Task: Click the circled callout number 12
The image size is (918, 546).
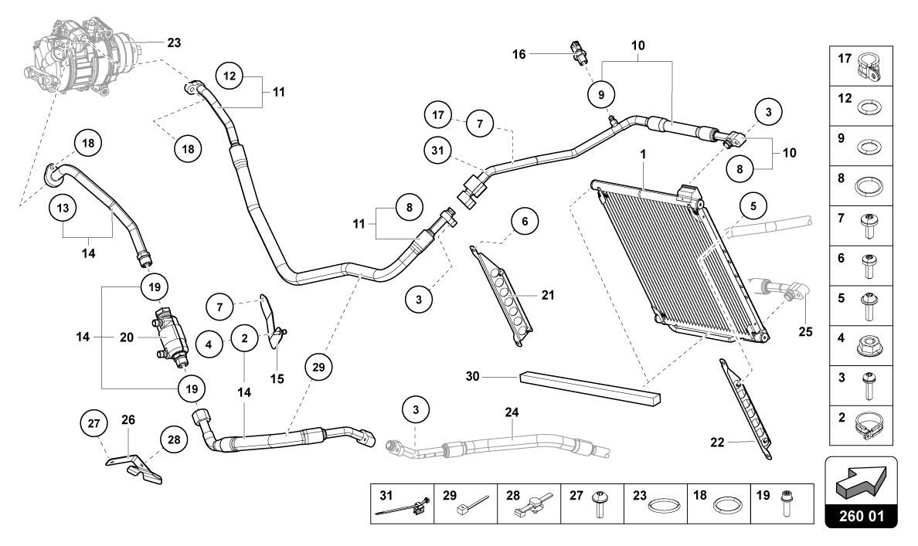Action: pos(229,76)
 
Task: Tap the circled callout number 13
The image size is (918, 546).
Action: pos(63,208)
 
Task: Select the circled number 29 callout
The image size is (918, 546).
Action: pos(318,368)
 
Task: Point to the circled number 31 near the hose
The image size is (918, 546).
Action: pos(438,151)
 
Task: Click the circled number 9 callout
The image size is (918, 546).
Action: pos(601,93)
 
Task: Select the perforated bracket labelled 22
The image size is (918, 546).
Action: pos(746,409)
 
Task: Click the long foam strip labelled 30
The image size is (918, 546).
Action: pos(590,388)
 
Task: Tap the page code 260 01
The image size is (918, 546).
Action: pos(861,517)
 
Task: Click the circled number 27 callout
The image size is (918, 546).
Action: pos(94,423)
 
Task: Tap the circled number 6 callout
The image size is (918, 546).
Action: pos(525,221)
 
